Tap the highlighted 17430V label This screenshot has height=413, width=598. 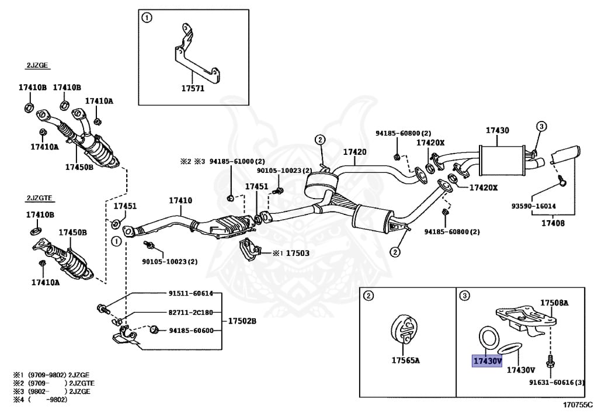(487, 361)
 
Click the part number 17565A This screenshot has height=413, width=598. (405, 360)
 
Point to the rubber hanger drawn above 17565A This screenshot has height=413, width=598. (402, 331)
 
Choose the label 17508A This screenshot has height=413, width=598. (554, 303)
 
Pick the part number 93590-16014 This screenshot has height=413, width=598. (534, 206)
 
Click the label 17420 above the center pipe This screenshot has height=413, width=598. (354, 152)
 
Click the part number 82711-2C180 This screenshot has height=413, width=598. (191, 312)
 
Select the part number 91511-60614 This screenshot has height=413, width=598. (191, 293)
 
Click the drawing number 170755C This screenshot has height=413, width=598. (576, 404)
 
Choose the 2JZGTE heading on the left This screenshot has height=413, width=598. (38, 198)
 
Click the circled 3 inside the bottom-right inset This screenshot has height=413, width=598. (465, 296)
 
